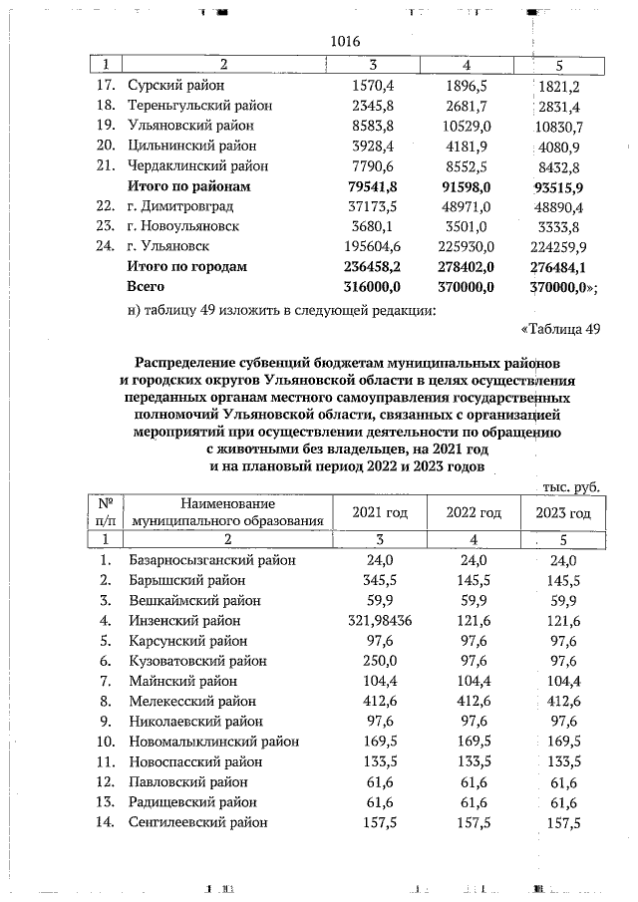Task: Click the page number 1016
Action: (344, 43)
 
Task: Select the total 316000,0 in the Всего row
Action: (371, 286)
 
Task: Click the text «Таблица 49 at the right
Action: (560, 329)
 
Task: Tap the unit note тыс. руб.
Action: (571, 485)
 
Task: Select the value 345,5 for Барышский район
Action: (371, 580)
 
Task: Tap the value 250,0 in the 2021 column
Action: (371, 661)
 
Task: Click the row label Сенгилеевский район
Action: (199, 822)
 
